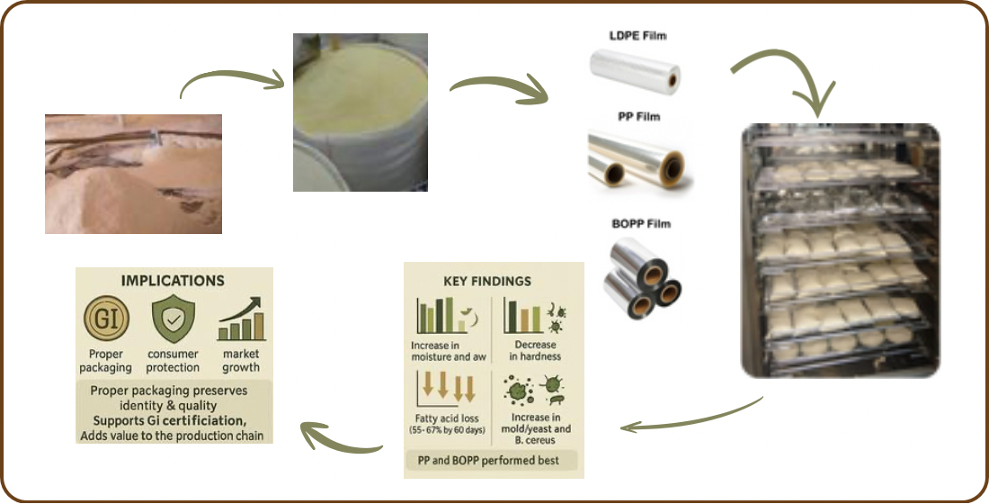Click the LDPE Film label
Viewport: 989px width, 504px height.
pos(637,36)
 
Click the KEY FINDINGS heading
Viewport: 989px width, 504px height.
pos(487,281)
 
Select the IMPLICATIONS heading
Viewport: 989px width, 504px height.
pos(173,281)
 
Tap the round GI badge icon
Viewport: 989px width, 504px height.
pos(106,319)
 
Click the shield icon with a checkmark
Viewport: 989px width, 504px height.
pos(173,319)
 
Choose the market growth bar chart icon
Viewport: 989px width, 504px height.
pos(240,319)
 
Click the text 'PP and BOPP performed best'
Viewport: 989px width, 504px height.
pos(488,461)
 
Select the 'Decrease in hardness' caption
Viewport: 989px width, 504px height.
pos(534,350)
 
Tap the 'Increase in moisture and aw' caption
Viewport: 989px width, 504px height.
pos(447,351)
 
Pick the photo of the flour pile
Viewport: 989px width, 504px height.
pos(134,174)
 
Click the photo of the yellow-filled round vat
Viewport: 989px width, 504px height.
pos(361,112)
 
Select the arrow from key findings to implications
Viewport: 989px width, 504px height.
pos(341,438)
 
